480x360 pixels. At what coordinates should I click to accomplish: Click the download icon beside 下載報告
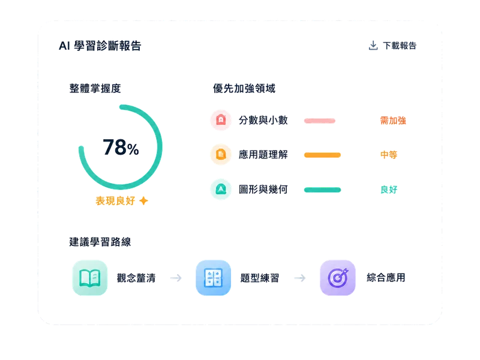pyautogui.click(x=373, y=46)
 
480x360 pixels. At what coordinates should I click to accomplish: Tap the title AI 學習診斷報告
pyautogui.click(x=100, y=46)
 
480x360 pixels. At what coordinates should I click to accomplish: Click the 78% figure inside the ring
pyautogui.click(x=121, y=147)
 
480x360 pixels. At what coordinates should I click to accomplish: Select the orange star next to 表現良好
pyautogui.click(x=143, y=201)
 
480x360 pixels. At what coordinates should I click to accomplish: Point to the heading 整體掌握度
pyautogui.click(x=95, y=88)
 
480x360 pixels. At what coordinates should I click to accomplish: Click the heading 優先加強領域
pyautogui.click(x=244, y=88)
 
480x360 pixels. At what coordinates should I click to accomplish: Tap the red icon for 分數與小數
pyautogui.click(x=221, y=120)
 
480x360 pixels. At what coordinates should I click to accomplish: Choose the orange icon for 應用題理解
pyautogui.click(x=221, y=155)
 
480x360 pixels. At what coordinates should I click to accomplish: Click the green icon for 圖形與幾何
pyautogui.click(x=221, y=189)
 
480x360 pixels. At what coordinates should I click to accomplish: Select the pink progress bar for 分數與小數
pyautogui.click(x=320, y=121)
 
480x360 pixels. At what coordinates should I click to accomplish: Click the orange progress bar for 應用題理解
pyautogui.click(x=322, y=155)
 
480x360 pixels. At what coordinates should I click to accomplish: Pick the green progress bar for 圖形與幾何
pyautogui.click(x=322, y=190)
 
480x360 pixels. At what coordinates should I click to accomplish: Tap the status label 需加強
pyautogui.click(x=393, y=121)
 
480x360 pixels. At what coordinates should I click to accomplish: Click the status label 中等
pyautogui.click(x=389, y=155)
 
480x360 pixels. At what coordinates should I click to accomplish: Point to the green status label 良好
pyautogui.click(x=389, y=190)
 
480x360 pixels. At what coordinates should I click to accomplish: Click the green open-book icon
pyautogui.click(x=89, y=278)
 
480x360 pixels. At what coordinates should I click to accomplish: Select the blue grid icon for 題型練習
pyautogui.click(x=214, y=278)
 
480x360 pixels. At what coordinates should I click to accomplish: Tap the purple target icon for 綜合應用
pyautogui.click(x=338, y=278)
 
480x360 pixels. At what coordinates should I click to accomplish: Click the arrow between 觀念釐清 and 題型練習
pyautogui.click(x=176, y=278)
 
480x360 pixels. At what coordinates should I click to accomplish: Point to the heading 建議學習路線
pyautogui.click(x=100, y=242)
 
